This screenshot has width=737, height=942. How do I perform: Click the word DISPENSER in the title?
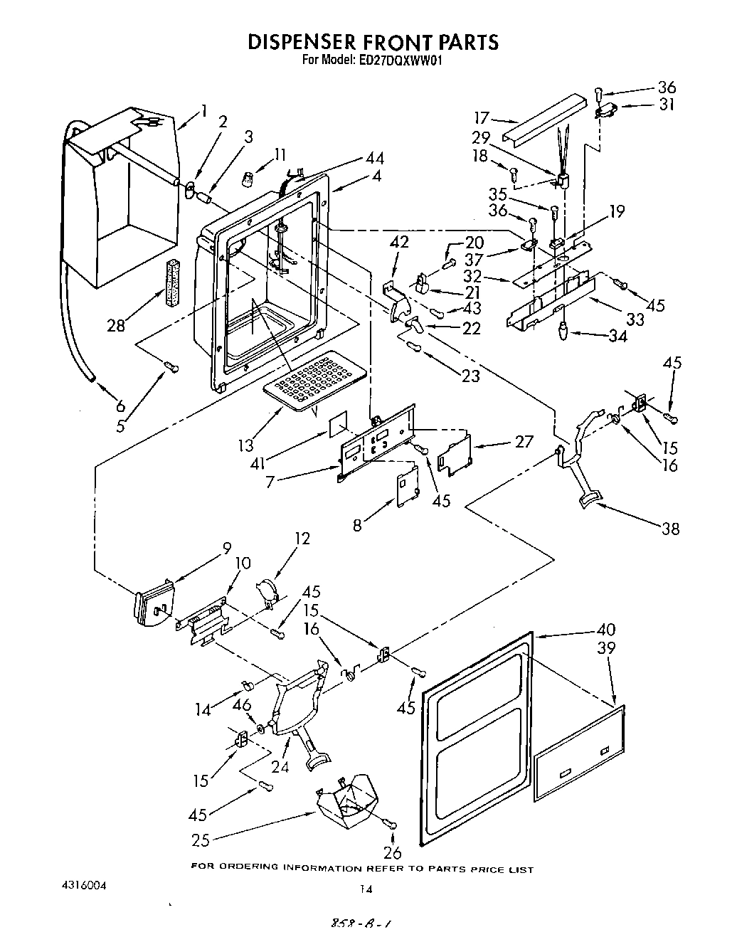[x=316, y=42]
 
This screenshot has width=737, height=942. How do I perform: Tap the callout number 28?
[x=116, y=326]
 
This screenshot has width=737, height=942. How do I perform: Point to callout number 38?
[x=670, y=528]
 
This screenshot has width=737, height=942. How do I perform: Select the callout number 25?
[x=201, y=840]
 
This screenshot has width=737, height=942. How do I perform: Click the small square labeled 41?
[x=339, y=424]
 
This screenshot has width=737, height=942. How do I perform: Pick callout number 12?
[x=302, y=539]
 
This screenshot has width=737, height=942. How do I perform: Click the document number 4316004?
[x=84, y=887]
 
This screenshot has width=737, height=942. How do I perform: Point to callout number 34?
[x=617, y=337]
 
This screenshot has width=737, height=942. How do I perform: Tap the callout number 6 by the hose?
[x=120, y=406]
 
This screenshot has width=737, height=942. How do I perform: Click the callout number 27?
[x=524, y=441]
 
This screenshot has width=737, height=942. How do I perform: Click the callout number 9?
[x=226, y=548]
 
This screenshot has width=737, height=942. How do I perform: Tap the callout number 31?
[x=667, y=105]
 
